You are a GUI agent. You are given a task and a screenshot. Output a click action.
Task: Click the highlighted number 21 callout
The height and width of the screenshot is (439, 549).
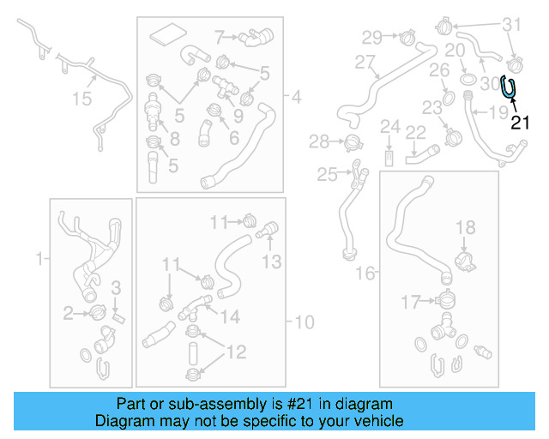coord(521,123)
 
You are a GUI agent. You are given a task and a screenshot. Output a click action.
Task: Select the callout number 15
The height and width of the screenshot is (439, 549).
coord(81,100)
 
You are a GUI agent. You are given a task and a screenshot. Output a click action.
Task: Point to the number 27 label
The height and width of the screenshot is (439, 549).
coord(366,63)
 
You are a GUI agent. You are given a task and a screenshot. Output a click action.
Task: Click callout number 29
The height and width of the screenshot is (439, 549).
coord(371,37)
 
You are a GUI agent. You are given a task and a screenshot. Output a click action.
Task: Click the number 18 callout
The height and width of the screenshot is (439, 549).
coord(465,227)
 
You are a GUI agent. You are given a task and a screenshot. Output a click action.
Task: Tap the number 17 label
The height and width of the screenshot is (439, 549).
coord(411,302)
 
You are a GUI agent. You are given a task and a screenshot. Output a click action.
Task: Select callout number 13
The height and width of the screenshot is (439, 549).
coord(272,262)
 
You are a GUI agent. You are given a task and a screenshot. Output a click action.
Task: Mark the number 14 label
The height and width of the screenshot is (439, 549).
coord(230,316)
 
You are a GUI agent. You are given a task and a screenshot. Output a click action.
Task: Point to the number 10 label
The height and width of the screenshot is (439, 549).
coord(305,322)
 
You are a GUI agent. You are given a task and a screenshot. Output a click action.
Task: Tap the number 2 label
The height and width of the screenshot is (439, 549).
coord(68,315)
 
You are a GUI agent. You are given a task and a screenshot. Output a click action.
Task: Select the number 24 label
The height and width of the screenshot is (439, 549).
coord(390,127)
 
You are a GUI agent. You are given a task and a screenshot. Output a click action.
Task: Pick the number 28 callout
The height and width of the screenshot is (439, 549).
coord(319,141)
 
